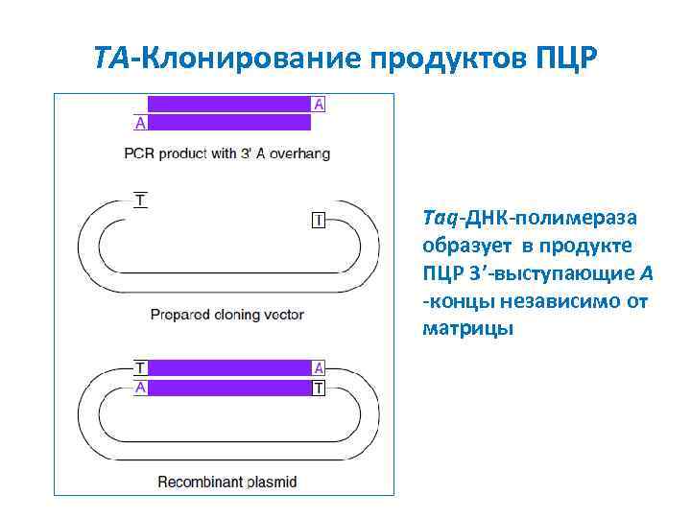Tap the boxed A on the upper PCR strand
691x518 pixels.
tap(319, 104)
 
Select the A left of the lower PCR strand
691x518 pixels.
tap(140, 123)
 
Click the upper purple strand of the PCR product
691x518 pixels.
tap(228, 104)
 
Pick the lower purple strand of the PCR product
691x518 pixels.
tap(228, 123)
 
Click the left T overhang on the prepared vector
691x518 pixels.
tap(141, 201)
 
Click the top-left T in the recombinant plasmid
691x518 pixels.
tap(140, 368)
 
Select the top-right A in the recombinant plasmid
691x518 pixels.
tap(319, 368)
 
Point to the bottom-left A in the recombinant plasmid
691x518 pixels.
tap(140, 388)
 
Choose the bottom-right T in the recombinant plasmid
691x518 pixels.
tap(319, 388)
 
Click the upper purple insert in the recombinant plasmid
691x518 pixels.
tap(228, 368)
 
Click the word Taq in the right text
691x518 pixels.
tap(439, 218)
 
